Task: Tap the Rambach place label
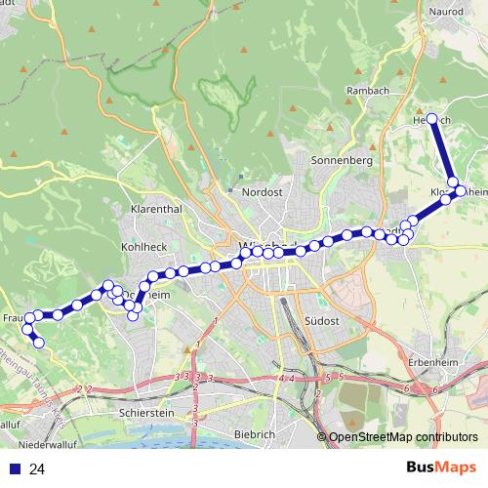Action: pyautogui.click(x=369, y=91)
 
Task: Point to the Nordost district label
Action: pyautogui.click(x=262, y=192)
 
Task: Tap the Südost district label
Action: pyautogui.click(x=321, y=320)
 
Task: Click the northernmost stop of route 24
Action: pyautogui.click(x=432, y=119)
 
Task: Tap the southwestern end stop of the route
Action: pyautogui.click(x=39, y=342)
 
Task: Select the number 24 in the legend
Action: pyautogui.click(x=37, y=469)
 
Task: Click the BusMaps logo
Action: pyautogui.click(x=439, y=468)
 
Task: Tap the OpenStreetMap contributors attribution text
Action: pyautogui.click(x=403, y=437)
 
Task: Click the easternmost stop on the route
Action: pyautogui.click(x=461, y=191)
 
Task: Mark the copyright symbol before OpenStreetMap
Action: pyautogui.click(x=322, y=437)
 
